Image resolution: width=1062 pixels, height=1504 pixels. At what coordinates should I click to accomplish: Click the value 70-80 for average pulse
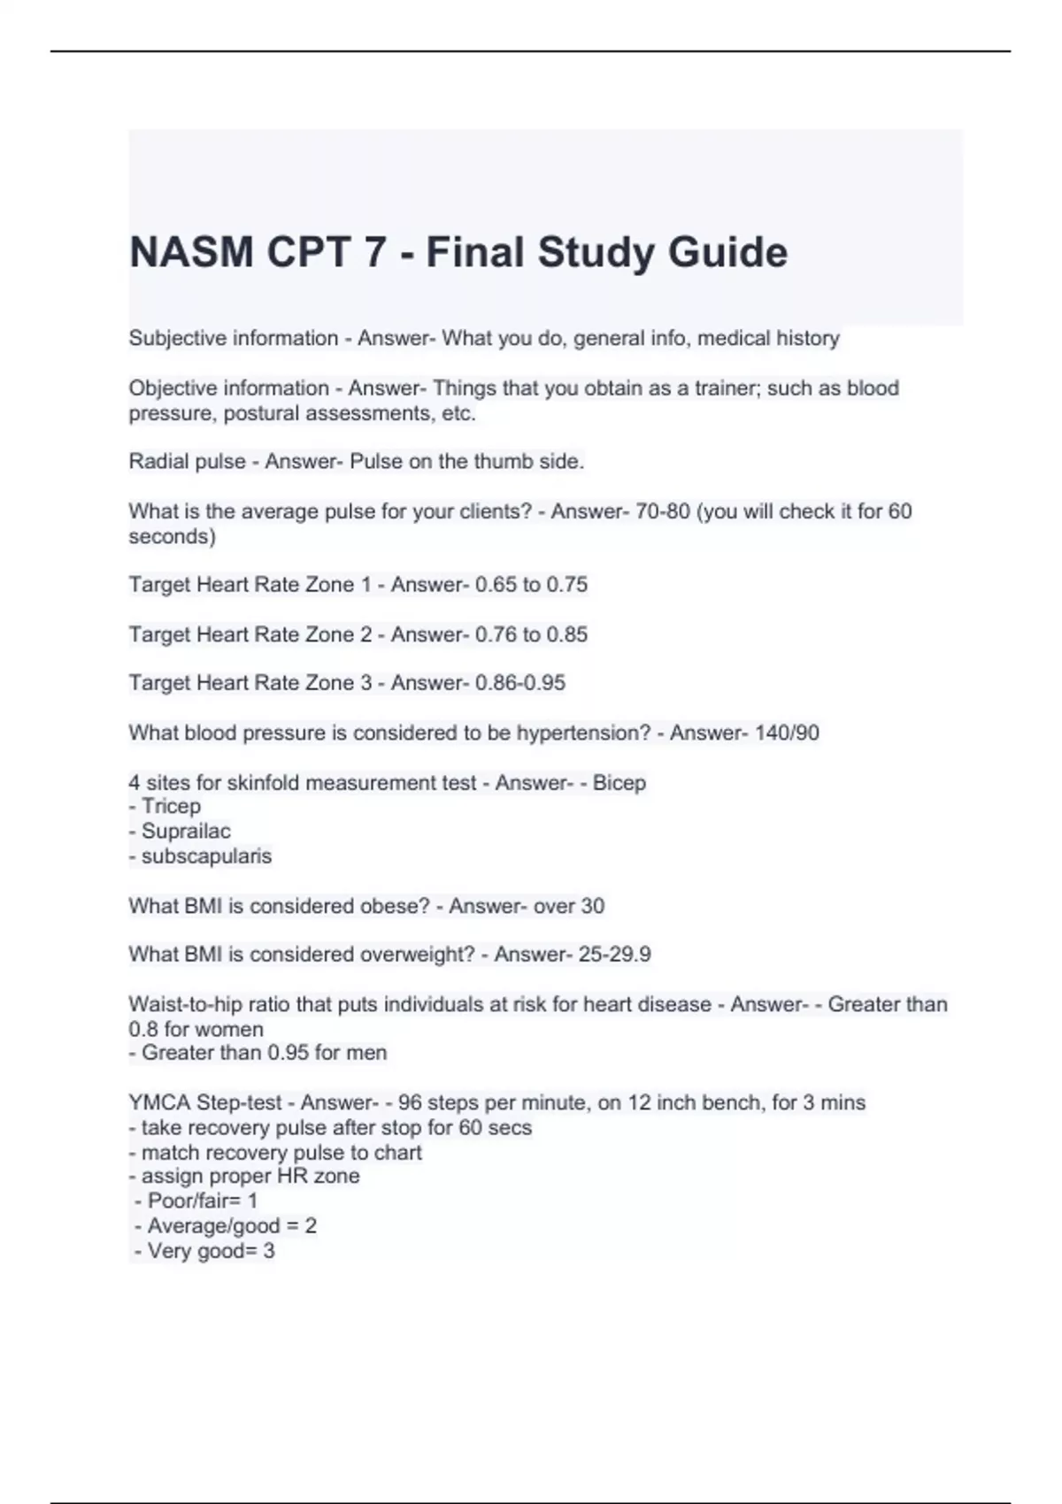663,511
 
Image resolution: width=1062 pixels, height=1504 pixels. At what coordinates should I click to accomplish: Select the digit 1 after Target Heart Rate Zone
366,585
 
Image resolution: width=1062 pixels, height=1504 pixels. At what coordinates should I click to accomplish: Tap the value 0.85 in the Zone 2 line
566,634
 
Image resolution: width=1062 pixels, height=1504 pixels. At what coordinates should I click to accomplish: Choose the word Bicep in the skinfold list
619,783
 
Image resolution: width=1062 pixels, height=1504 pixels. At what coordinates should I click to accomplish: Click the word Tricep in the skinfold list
171,806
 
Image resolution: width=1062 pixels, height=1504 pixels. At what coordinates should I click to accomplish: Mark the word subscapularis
206,856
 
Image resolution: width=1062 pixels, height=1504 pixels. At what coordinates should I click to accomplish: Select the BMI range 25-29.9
614,955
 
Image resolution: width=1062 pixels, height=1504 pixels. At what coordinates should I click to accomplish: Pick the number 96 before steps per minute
410,1102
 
